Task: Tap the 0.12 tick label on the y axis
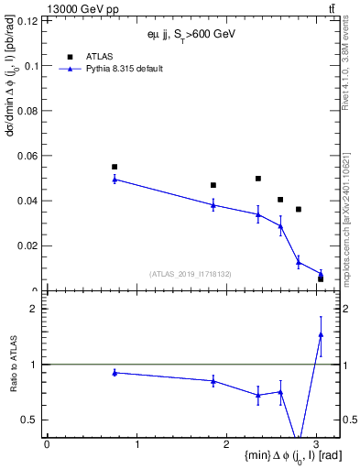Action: [27, 20]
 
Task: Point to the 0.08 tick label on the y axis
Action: [27, 110]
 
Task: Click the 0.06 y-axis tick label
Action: [27, 155]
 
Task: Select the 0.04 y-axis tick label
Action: [27, 200]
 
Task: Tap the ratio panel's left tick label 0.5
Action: [30, 420]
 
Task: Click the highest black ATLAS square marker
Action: [115, 167]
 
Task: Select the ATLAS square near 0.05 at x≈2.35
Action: [258, 179]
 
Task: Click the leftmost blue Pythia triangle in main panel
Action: [115, 179]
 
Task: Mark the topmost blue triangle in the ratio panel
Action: [321, 334]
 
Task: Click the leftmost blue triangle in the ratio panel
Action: [115, 372]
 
